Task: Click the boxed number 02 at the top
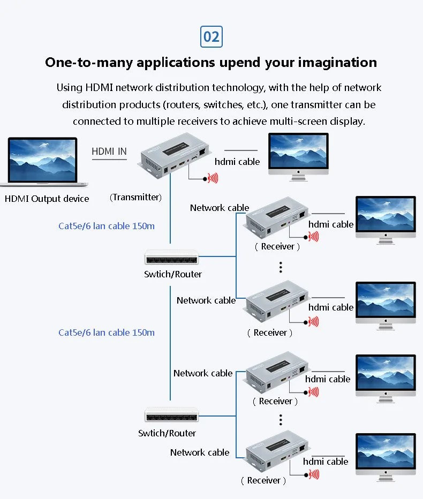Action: click(x=211, y=36)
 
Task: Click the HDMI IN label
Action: click(x=109, y=152)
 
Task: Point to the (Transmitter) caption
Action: click(x=135, y=197)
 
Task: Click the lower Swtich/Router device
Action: click(x=171, y=415)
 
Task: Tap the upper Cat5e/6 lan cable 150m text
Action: click(x=107, y=226)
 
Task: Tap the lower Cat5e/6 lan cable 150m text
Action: click(x=107, y=332)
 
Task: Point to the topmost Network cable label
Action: click(x=220, y=208)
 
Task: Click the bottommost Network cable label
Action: click(x=200, y=452)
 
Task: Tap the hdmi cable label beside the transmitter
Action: click(x=237, y=162)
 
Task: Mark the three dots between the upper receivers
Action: click(x=280, y=267)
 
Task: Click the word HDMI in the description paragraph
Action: click(x=100, y=87)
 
